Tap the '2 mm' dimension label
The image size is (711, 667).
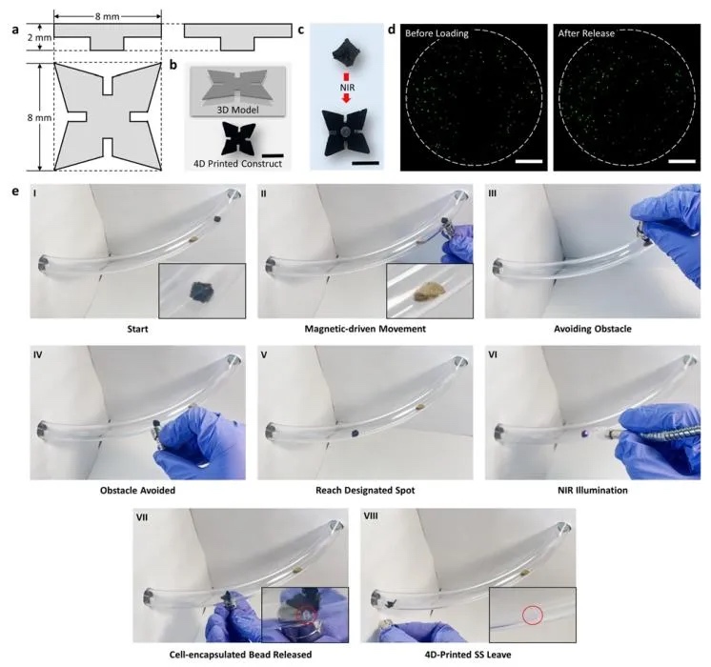[39, 38]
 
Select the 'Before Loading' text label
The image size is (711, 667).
[437, 33]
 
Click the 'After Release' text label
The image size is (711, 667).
[586, 33]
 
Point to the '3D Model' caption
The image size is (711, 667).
[237, 110]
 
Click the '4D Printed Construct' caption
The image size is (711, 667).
[237, 164]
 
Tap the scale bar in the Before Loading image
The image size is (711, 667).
[529, 161]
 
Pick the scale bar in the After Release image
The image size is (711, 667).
[682, 161]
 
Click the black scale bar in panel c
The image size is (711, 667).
[365, 162]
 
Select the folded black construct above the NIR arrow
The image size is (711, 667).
[346, 54]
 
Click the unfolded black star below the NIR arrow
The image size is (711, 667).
[346, 131]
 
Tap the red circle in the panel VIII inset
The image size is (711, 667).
[533, 615]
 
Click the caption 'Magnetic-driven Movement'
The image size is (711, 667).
[365, 329]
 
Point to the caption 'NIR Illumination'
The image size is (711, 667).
[593, 490]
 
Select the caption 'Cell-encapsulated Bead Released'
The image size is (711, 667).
[240, 655]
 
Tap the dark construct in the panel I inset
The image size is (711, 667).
[202, 292]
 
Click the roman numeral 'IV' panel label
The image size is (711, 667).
[37, 354]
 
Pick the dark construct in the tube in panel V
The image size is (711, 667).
[355, 434]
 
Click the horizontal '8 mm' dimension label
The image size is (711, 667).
[108, 17]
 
